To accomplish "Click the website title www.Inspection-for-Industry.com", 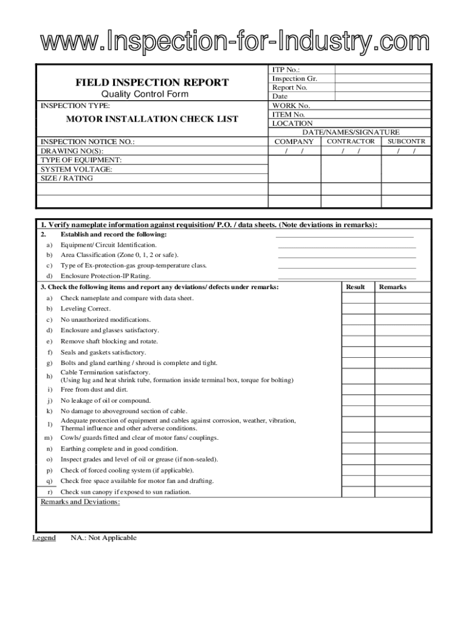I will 234,43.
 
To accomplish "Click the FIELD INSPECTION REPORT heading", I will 152,82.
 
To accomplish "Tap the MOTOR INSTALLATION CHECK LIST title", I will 143,119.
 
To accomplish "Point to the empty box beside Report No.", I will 382,87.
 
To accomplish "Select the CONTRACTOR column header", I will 351,142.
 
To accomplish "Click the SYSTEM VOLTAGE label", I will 76,169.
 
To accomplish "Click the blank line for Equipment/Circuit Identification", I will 346,246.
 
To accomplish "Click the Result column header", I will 356,287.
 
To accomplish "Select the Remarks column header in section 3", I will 393,287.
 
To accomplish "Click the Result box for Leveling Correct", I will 358,309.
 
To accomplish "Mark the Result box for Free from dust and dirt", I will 358,389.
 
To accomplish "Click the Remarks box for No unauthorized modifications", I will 402,320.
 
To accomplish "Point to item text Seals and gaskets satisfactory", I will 103,352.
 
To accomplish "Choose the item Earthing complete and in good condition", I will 119,449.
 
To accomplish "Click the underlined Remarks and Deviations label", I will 80,502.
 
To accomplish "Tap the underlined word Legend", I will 44,538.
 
